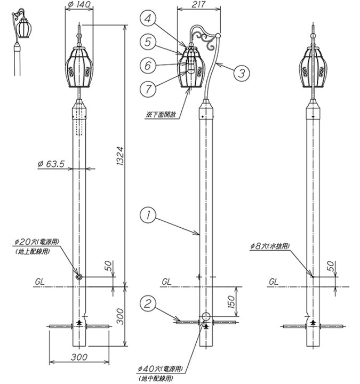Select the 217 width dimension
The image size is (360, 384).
click(x=198, y=5)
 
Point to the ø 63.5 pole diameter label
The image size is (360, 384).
click(x=51, y=164)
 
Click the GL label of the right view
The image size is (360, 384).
click(x=274, y=281)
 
